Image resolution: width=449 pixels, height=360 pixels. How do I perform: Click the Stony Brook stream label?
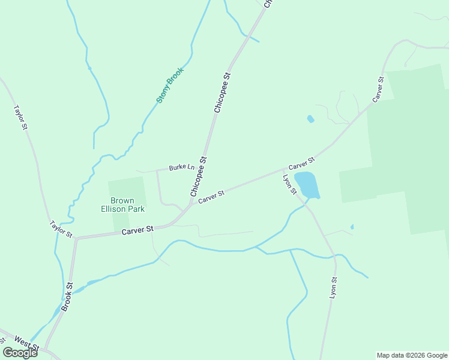tap(169, 85)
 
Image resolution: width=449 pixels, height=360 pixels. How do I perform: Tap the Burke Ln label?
tap(181, 167)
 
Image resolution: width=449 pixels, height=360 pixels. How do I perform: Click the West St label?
tap(27, 343)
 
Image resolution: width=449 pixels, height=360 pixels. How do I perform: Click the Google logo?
tap(20, 353)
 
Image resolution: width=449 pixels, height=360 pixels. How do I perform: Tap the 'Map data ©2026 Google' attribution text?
tap(412, 355)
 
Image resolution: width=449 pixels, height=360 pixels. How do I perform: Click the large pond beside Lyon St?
tap(307, 184)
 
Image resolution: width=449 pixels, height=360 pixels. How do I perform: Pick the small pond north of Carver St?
tap(310, 119)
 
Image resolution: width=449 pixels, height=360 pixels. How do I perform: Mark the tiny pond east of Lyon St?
tap(352, 227)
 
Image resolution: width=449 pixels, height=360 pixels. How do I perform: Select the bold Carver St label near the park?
tap(137, 230)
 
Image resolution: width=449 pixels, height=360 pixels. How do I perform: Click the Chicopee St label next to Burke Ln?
tap(199, 176)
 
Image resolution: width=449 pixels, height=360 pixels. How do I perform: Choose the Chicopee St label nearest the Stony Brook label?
tap(222, 93)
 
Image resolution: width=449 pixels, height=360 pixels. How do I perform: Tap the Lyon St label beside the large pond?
tap(290, 184)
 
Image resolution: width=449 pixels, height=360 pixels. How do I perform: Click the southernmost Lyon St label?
tap(333, 288)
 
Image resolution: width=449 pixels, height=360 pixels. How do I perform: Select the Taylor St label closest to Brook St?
tap(61, 228)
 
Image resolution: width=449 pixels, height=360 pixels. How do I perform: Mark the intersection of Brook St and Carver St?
tap(76, 238)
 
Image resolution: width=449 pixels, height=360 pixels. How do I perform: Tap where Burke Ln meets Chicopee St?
tap(204, 166)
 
